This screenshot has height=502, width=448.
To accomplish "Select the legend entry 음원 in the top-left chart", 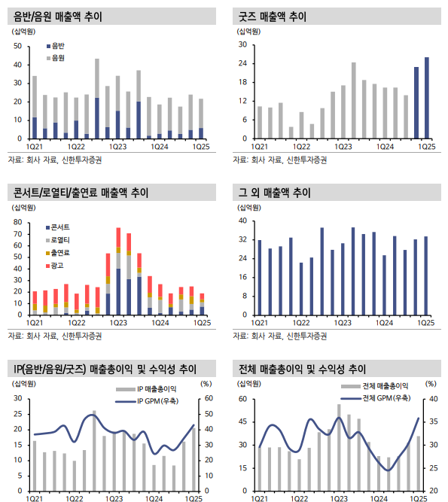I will click(x=57, y=57).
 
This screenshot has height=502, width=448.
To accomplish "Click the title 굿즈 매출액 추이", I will click(x=274, y=15).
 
